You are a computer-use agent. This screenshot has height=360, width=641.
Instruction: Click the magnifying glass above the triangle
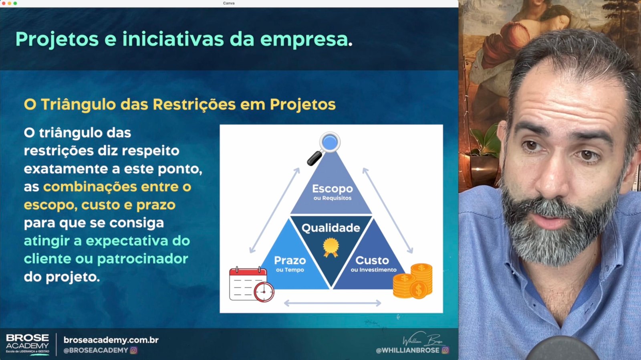[324, 148]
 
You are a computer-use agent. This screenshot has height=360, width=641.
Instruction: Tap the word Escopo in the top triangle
[332, 189]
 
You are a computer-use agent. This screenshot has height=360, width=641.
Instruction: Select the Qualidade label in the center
[331, 228]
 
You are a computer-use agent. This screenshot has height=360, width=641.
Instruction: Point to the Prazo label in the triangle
[290, 260]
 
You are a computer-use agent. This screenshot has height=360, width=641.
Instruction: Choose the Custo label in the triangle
[372, 260]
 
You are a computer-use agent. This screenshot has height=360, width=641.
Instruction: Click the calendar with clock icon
[252, 284]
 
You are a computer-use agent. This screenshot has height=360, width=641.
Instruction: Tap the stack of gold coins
[413, 281]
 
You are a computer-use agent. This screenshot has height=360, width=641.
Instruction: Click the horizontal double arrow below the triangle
[333, 303]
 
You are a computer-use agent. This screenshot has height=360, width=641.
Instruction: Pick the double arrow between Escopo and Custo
[388, 210]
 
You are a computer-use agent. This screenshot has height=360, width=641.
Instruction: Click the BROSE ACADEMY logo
[28, 344]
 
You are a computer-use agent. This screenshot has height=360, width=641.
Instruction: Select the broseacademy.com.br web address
[111, 340]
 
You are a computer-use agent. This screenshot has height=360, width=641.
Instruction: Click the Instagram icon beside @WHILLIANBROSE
[445, 350]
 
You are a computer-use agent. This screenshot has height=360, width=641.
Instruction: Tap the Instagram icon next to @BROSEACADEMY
[134, 350]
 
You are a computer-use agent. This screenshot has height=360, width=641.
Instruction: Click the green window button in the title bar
[15, 3]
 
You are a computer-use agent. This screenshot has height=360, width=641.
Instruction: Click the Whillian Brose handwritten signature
[423, 340]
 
